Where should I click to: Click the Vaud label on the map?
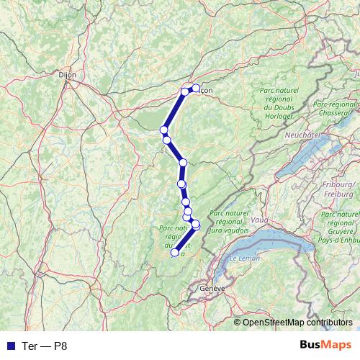[260, 218]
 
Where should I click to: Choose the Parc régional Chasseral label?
[335, 109]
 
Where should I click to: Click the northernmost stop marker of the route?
[196, 88]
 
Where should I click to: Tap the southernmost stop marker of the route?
[174, 253]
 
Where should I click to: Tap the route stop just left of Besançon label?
[185, 91]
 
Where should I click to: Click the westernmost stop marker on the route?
[163, 130]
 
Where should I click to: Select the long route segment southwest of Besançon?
[174, 110]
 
